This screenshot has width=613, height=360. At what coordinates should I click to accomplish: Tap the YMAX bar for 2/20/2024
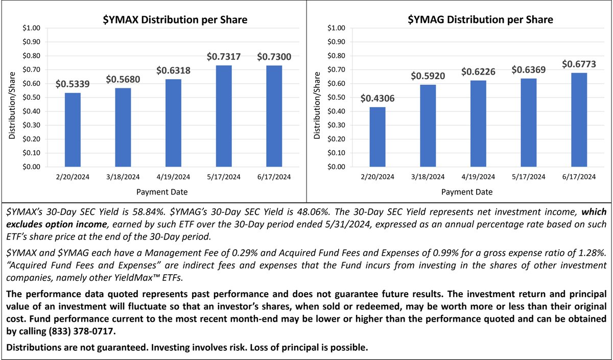point(72,130)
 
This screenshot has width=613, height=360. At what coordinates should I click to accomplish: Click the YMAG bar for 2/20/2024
point(378,137)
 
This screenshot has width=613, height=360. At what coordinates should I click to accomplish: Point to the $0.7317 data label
point(224,57)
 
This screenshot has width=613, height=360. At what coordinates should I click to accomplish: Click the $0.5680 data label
point(123,80)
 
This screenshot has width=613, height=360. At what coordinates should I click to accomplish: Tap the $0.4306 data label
point(378,99)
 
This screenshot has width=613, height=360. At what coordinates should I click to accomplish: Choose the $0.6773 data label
point(579,64)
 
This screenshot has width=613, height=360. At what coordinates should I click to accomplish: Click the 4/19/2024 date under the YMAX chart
point(173,177)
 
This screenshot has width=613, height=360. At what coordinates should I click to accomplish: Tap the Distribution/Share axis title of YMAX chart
point(11,98)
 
